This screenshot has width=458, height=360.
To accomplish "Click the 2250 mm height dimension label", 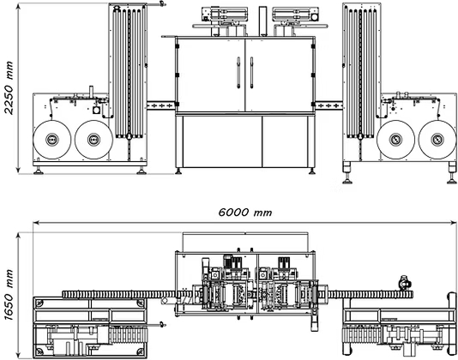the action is point(9,88).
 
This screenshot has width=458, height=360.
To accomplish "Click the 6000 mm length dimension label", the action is point(245,213).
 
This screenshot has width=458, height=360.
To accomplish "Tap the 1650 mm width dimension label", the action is point(9,295).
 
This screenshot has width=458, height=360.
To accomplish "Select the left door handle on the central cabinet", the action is point(238,73).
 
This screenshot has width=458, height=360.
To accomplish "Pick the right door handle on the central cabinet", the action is point(251,73).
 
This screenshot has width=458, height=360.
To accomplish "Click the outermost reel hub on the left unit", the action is point(52,139).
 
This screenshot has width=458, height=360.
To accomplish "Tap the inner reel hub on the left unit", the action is point(93,139).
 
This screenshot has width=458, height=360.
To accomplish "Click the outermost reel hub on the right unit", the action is point(437,139).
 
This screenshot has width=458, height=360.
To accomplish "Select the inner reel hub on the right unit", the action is point(395,139).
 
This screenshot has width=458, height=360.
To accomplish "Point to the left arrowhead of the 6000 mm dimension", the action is point(36,223).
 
